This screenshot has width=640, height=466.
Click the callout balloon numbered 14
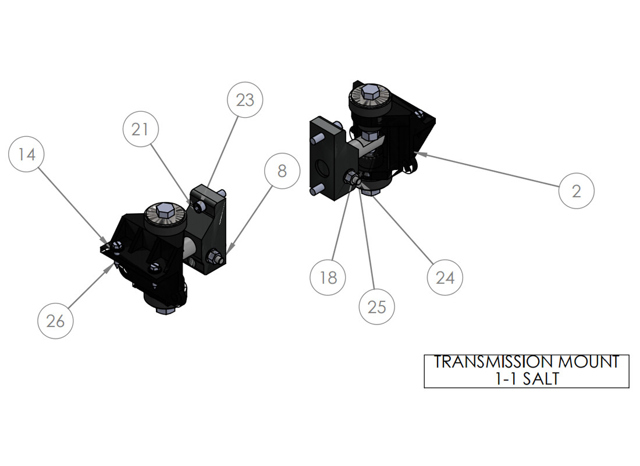coord(27,154)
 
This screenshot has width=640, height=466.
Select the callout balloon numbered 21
coord(140,129)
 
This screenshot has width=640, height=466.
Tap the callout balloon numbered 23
coord(245,100)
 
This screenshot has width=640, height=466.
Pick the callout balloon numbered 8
coord(282,171)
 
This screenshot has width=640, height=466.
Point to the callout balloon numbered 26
coord(55,321)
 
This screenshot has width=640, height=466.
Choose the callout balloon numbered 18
coord(328,277)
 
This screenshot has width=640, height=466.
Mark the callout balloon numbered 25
coord(377,307)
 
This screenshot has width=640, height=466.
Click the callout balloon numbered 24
coord(445,277)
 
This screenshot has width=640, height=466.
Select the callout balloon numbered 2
coord(577,191)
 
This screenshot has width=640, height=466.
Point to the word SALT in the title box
coord(541,379)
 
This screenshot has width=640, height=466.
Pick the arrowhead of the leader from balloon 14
coord(105,240)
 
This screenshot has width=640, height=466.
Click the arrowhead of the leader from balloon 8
coord(229,249)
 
